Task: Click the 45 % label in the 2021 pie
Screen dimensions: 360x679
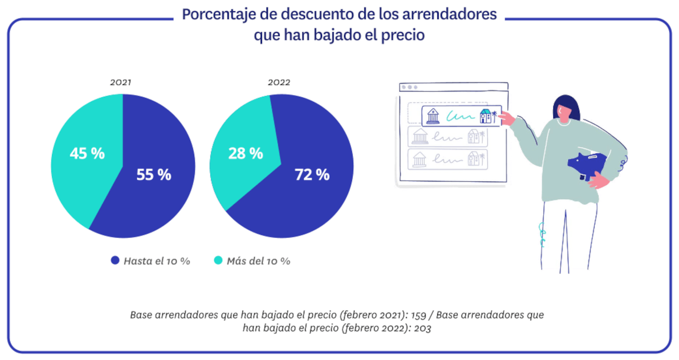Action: pyautogui.click(x=87, y=153)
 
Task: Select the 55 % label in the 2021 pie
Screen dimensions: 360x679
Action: pyautogui.click(x=153, y=175)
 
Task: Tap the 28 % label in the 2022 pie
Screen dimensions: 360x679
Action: pyautogui.click(x=245, y=153)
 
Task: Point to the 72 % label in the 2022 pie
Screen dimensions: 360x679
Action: pyautogui.click(x=312, y=175)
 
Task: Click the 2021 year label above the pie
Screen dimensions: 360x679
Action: pyautogui.click(x=121, y=83)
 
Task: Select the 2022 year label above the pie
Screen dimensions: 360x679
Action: pyautogui.click(x=279, y=83)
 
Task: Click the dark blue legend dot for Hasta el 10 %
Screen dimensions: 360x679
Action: pyautogui.click(x=115, y=260)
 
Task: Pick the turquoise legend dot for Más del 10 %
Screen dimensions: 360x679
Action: pyautogui.click(x=217, y=260)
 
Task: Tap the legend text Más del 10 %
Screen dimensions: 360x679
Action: pyautogui.click(x=258, y=261)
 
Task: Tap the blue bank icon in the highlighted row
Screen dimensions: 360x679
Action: pyautogui.click(x=433, y=115)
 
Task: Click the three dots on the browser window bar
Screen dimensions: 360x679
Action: pyautogui.click(x=409, y=87)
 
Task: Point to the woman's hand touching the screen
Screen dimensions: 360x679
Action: pyautogui.click(x=507, y=119)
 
